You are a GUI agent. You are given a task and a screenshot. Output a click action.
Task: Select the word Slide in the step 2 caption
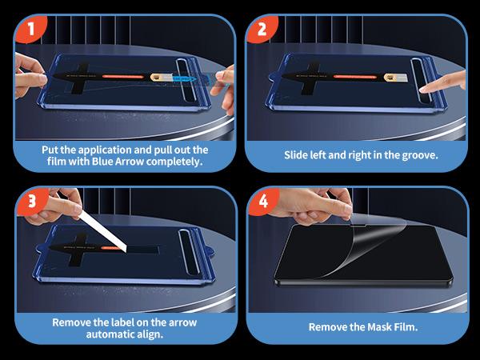click(x=300, y=154)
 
